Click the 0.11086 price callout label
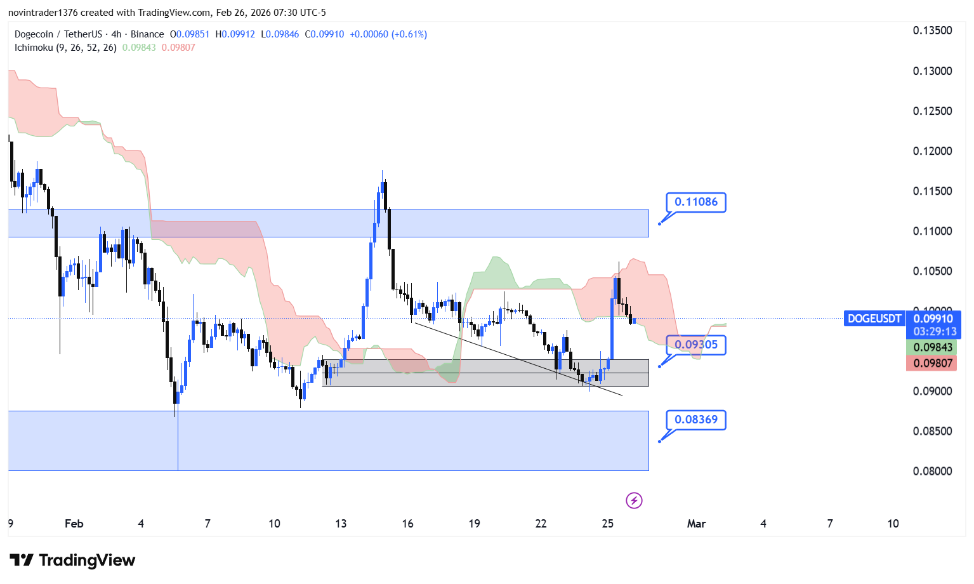[x=695, y=202]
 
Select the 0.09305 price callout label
[x=695, y=345]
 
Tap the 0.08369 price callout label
[x=695, y=420]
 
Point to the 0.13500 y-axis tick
[x=932, y=30]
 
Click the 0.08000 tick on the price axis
[x=932, y=471]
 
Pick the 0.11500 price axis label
[x=932, y=191]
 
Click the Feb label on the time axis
[x=74, y=524]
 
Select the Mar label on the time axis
[x=696, y=524]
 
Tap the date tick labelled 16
[x=407, y=524]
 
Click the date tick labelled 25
[x=607, y=524]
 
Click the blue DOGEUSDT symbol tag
[x=874, y=319]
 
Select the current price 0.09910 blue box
[x=933, y=324]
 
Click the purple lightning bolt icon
[x=634, y=501]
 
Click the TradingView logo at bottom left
[x=72, y=560]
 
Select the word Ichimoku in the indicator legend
[x=34, y=48]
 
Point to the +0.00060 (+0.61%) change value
[x=388, y=34]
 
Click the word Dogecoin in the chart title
[x=34, y=34]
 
